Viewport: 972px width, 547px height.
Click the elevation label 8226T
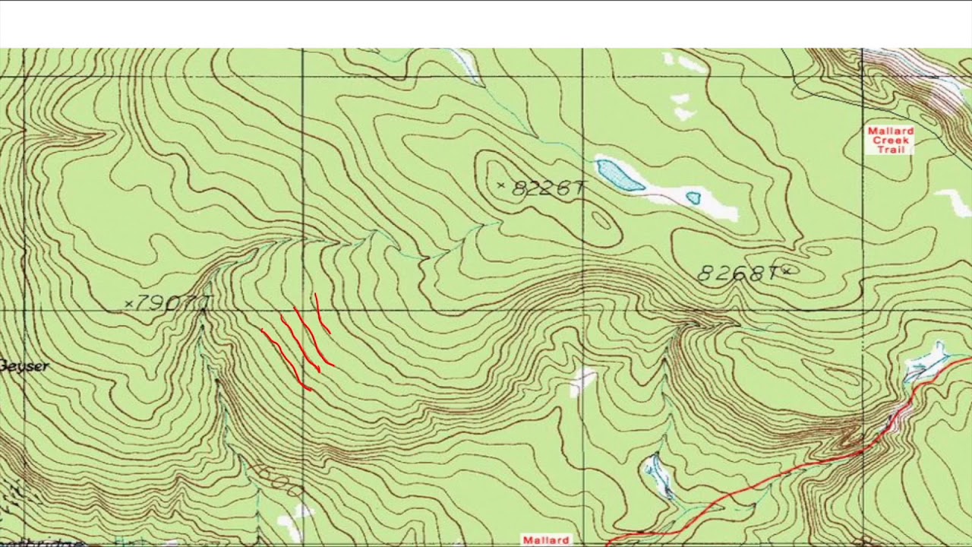tap(548, 188)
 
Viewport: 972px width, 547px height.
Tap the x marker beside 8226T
tap(500, 185)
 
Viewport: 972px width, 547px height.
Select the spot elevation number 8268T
tap(735, 273)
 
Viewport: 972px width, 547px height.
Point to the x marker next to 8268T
tap(786, 270)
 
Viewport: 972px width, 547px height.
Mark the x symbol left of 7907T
tap(128, 304)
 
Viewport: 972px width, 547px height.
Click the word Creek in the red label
tap(890, 141)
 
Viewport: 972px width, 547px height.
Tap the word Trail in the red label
tap(890, 150)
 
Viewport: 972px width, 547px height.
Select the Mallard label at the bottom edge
tap(545, 540)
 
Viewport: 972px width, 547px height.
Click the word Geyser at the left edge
tap(24, 366)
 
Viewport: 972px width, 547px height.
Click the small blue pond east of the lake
tap(693, 198)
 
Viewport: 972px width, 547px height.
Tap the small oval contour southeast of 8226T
tap(601, 220)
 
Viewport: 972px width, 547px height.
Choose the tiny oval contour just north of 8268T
tap(817, 250)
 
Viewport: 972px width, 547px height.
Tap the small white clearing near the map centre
tap(582, 379)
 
